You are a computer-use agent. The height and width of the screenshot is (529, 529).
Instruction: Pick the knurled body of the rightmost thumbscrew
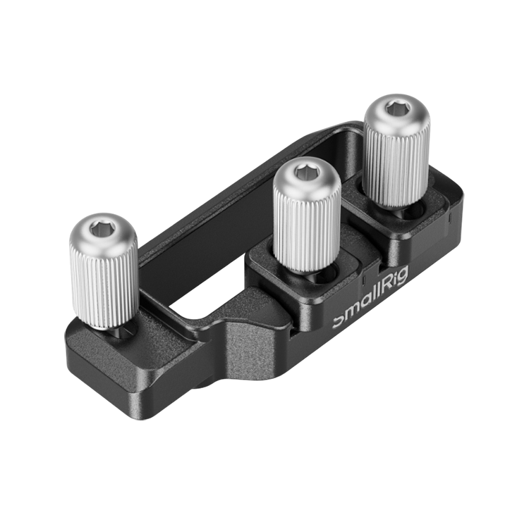397,162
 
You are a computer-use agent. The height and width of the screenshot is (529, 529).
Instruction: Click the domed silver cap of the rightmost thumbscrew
396,116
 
